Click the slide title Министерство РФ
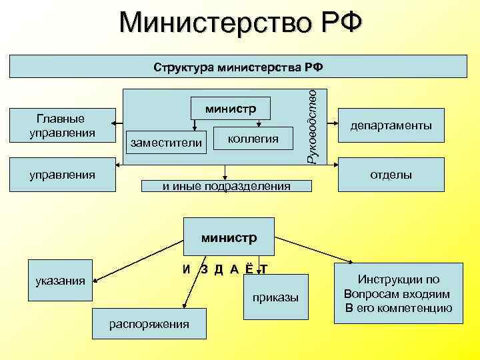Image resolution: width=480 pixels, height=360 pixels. (240, 25)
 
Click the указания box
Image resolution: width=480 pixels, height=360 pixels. (61, 281)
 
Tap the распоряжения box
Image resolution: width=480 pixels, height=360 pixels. (149, 324)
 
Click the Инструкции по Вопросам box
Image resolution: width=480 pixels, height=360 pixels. (398, 293)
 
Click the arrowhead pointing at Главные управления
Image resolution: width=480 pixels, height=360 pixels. (114, 123)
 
